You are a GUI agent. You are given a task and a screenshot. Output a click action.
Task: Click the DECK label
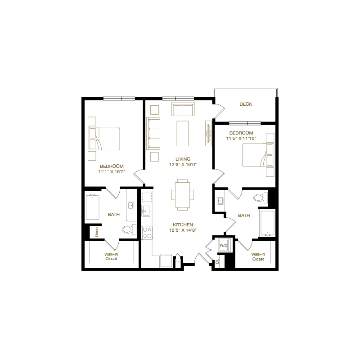click(x=246, y=104)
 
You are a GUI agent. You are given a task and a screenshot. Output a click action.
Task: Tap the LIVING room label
click(x=183, y=159)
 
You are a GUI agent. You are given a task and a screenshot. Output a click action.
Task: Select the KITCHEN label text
click(x=183, y=225)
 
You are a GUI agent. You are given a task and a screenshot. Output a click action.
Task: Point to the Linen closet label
click(x=97, y=232)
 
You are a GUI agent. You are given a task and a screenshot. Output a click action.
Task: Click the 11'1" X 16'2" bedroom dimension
click(x=111, y=171)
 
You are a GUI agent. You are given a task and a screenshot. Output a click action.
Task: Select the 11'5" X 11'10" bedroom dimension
click(x=241, y=139)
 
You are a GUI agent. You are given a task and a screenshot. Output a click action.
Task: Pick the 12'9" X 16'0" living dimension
click(x=183, y=165)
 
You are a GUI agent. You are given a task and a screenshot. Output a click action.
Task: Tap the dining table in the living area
click(x=182, y=194)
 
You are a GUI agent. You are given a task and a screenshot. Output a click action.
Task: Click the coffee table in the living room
click(x=183, y=133)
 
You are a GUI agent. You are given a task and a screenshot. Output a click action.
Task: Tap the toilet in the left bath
click(x=128, y=229)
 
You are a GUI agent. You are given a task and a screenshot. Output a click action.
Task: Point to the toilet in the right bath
click(x=259, y=198)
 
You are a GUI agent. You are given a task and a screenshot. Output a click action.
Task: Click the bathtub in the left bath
click(x=92, y=207)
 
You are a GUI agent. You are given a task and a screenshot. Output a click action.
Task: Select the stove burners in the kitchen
click(x=147, y=232)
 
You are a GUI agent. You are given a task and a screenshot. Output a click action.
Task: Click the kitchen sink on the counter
click(x=146, y=210)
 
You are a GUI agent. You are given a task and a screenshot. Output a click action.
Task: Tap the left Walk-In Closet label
click(x=111, y=256)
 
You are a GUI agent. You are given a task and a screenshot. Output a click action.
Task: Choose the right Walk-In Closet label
click(x=258, y=256)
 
